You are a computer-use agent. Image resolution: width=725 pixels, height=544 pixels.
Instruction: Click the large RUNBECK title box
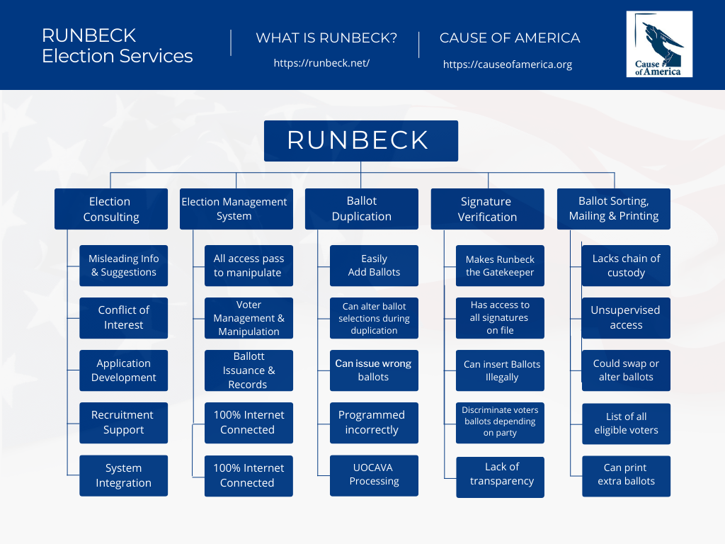(360, 140)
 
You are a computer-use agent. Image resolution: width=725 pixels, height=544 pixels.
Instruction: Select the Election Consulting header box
(111, 209)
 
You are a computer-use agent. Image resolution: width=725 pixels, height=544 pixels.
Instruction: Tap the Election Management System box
(236, 209)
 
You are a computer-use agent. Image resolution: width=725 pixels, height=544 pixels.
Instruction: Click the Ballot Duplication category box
(361, 209)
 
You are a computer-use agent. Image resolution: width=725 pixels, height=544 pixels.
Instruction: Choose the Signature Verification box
(487, 209)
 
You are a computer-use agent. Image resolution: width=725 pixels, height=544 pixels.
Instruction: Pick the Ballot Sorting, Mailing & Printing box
(613, 209)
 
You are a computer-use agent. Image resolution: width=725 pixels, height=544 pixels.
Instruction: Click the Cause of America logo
(659, 44)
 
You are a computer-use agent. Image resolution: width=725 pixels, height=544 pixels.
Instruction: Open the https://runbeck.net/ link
(321, 63)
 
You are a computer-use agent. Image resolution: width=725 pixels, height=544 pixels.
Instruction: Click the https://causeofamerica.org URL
(507, 64)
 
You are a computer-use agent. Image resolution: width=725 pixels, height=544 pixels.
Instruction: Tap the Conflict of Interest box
(123, 318)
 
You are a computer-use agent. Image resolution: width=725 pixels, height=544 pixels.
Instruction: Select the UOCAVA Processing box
(374, 475)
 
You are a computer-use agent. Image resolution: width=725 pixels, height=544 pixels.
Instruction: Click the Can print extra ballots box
(626, 475)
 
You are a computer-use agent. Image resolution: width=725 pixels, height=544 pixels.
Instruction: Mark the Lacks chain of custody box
(626, 266)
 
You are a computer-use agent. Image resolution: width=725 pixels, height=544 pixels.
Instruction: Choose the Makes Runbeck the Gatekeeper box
(500, 266)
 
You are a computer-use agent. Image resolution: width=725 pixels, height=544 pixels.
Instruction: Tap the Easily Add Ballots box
(374, 266)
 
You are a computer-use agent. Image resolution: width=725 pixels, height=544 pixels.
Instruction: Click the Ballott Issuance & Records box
(249, 370)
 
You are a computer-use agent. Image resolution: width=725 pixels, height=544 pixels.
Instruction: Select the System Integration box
(123, 475)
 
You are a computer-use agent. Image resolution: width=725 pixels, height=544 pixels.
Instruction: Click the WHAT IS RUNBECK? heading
(326, 38)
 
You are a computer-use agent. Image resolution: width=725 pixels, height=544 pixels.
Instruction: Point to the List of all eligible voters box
(626, 424)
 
